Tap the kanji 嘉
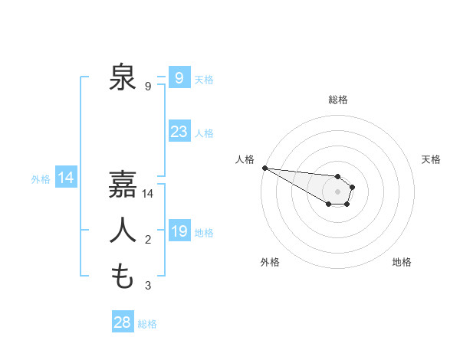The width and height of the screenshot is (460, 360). click(x=123, y=185)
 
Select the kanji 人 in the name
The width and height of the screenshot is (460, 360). click(x=123, y=231)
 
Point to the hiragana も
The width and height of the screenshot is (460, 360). click(x=123, y=276)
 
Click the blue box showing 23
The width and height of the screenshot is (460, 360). click(x=179, y=132)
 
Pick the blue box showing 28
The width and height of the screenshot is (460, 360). click(x=123, y=322)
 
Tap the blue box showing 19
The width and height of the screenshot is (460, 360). click(x=179, y=231)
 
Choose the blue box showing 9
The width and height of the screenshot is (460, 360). click(x=179, y=77)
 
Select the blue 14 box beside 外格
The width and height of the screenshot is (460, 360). click(x=66, y=178)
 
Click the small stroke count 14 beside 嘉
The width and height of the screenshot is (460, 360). click(x=148, y=195)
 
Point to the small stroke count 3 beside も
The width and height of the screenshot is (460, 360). click(x=148, y=286)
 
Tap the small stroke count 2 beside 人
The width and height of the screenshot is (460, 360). click(x=148, y=241)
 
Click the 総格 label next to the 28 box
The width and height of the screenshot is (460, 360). click(x=147, y=324)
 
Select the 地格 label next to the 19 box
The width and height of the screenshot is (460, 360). click(x=204, y=232)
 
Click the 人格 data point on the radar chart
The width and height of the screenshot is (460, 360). click(x=264, y=168)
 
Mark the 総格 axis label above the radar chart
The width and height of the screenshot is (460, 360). click(x=337, y=100)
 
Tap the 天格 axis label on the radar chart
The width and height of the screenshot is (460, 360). click(x=431, y=159)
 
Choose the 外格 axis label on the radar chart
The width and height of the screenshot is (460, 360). click(x=270, y=262)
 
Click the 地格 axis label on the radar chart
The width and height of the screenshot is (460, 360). click(x=402, y=262)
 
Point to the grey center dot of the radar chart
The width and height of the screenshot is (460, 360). click(x=337, y=191)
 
